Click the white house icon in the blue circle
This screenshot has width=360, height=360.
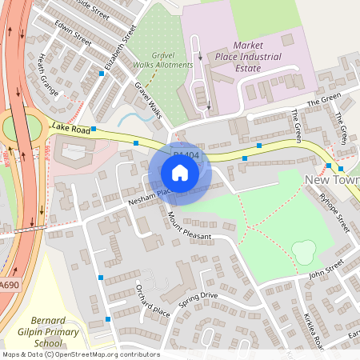coord(180,172)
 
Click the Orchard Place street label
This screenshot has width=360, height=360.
coord(153,300)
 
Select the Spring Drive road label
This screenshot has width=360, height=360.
coord(198,301)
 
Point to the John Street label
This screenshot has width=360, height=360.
coord(326,267)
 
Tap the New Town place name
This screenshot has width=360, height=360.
coord(333,181)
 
